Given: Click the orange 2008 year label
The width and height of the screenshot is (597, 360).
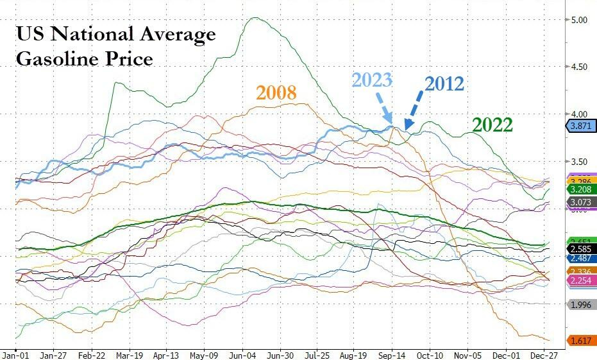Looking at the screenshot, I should (276, 92).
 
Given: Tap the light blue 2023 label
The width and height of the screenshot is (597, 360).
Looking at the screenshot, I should (372, 81).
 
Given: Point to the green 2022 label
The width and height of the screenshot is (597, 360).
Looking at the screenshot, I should (492, 124).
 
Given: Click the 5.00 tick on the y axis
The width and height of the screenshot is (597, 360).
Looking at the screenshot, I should (580, 20).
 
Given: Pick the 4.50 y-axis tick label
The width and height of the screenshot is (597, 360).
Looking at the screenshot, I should (580, 67).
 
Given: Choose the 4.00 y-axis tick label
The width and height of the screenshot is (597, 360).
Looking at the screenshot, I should (580, 114).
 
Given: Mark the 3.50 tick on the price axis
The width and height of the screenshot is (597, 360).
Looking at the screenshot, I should (580, 162).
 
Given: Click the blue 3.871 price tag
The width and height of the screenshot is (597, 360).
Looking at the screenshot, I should (580, 126).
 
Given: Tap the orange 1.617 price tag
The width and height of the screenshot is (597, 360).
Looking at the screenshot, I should (580, 340).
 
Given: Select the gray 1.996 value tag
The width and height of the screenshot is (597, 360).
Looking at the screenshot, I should (580, 304).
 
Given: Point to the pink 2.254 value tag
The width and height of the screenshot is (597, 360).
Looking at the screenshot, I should (580, 280).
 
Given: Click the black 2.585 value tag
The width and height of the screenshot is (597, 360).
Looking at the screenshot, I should (580, 248).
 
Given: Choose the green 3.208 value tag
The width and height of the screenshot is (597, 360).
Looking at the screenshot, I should (580, 190).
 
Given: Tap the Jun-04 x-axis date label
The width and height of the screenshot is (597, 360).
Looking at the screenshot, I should (243, 354).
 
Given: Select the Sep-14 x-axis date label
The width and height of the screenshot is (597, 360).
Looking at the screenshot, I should (391, 354).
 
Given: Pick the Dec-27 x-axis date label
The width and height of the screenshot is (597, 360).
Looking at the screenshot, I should (542, 354).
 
